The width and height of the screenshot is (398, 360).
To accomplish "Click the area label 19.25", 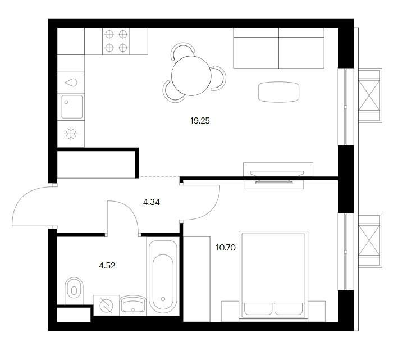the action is [200, 121].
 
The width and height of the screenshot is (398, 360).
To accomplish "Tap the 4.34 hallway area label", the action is [152, 202].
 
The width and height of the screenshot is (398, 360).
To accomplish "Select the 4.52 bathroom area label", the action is [107, 266].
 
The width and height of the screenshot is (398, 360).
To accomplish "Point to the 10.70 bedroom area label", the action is [226, 248].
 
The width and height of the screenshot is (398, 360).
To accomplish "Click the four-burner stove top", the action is [116, 41].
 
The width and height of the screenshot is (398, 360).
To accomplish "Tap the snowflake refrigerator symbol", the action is [71, 134].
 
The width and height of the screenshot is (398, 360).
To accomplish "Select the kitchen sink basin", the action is [72, 107].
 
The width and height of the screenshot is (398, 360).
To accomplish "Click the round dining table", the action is [191, 76].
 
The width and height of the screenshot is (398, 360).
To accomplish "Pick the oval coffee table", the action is [278, 92].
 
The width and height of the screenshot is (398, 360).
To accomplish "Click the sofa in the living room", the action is [278, 48].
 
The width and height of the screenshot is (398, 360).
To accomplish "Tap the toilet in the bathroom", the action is [74, 290].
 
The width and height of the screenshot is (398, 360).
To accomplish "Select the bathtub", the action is [163, 277].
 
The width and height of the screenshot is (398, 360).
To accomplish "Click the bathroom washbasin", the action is [132, 304].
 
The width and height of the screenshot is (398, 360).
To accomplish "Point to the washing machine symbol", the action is [106, 306].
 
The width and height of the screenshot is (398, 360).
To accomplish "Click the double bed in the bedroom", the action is [273, 276].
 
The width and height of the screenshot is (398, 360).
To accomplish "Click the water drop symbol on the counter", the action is [71, 83].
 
